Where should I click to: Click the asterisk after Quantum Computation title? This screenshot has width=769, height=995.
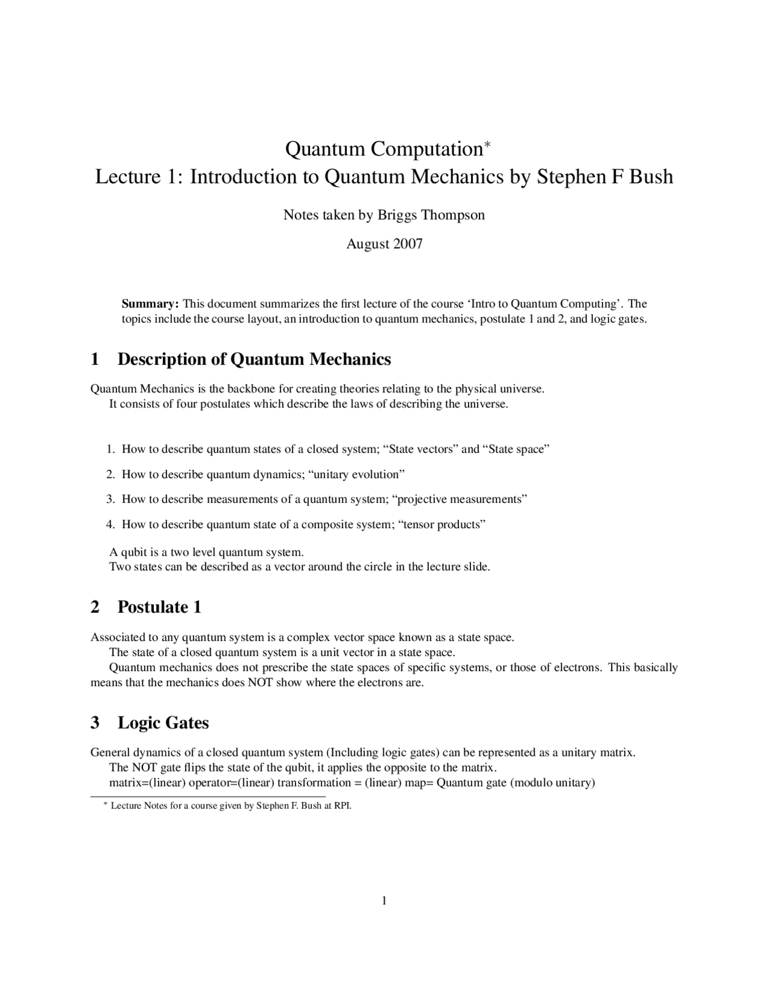[487, 144]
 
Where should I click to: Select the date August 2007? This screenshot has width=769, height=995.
[384, 244]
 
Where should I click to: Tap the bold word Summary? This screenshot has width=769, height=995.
[150, 303]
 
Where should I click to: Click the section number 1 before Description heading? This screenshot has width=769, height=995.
[95, 359]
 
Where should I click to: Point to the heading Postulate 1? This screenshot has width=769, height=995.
[159, 607]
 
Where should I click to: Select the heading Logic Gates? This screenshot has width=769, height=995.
[163, 722]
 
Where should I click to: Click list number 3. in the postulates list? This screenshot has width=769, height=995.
[111, 499]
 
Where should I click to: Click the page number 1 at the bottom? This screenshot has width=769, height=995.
[384, 900]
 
